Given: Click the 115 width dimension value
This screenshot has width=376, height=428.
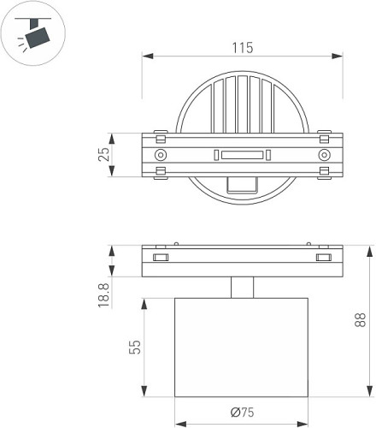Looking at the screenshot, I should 242,49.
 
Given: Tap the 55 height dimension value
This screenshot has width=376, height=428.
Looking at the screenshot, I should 133,348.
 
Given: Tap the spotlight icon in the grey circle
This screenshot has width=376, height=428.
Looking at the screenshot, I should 33,33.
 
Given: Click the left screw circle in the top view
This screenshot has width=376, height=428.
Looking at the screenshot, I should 160,155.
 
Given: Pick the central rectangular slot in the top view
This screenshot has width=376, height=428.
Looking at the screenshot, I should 242,155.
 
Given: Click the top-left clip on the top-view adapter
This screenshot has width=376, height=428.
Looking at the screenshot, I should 159,136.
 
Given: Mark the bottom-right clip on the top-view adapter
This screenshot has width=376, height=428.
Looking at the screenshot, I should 324,173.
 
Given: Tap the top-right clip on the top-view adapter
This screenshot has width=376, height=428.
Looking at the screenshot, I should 324,136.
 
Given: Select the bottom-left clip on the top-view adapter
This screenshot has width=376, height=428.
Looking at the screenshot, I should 159,173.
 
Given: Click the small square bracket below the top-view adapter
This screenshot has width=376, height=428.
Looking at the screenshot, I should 243,183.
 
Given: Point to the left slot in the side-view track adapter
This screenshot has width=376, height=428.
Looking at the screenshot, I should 159,257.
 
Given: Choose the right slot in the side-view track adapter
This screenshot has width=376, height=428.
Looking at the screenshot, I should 323,257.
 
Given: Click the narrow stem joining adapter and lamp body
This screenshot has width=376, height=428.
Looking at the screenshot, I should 242,287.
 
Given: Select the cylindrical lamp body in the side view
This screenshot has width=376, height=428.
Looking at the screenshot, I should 242,347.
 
